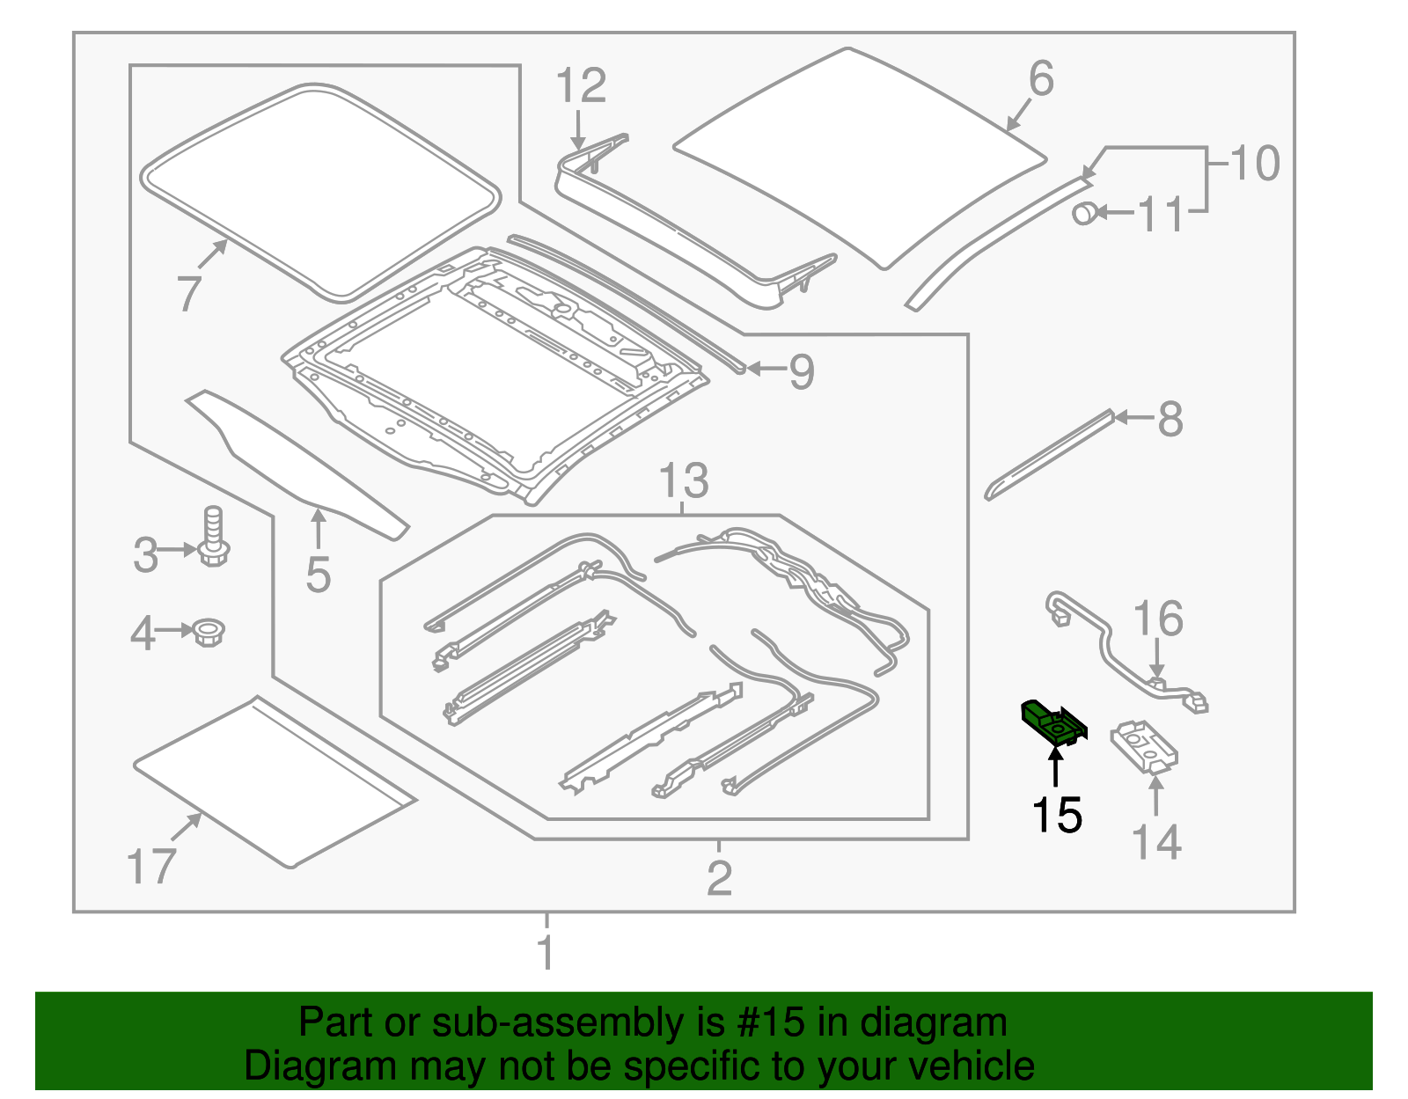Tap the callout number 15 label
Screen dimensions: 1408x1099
click(1057, 815)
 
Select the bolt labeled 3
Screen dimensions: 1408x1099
click(213, 537)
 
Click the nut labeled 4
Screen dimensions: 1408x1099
click(209, 632)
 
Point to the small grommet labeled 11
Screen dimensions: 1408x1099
click(1085, 212)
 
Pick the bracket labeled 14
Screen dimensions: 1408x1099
click(1144, 747)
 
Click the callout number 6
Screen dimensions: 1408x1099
click(1041, 78)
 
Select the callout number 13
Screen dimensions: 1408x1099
click(684, 480)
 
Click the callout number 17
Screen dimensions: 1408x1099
click(151, 867)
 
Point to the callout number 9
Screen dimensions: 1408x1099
click(802, 371)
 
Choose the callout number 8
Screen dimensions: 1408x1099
click(1170, 419)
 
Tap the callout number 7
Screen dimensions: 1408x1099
click(188, 293)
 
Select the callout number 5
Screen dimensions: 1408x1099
click(319, 575)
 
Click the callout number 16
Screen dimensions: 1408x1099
click(1158, 619)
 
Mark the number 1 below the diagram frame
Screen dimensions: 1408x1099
click(546, 951)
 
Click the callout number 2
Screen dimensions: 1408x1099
click(719, 878)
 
